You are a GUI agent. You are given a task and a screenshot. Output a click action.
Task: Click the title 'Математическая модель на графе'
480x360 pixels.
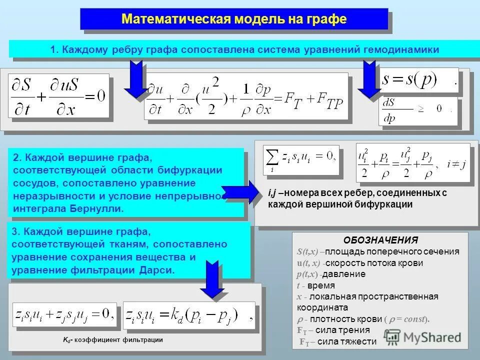(x=234, y=19)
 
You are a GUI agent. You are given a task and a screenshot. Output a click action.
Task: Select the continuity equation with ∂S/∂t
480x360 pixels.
(x=58, y=95)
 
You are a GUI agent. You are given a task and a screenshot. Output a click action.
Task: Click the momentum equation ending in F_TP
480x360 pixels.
(x=245, y=96)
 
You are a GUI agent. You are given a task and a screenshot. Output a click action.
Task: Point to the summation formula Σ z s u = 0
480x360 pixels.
(x=301, y=159)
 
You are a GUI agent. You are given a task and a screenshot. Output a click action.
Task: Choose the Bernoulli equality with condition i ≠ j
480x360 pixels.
(x=413, y=162)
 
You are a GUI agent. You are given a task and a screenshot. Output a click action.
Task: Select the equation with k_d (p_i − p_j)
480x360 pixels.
(x=189, y=316)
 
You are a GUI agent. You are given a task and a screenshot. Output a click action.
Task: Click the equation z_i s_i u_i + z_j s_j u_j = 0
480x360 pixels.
(x=64, y=316)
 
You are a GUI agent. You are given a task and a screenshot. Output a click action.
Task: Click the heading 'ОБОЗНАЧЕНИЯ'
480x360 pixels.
(x=380, y=240)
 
